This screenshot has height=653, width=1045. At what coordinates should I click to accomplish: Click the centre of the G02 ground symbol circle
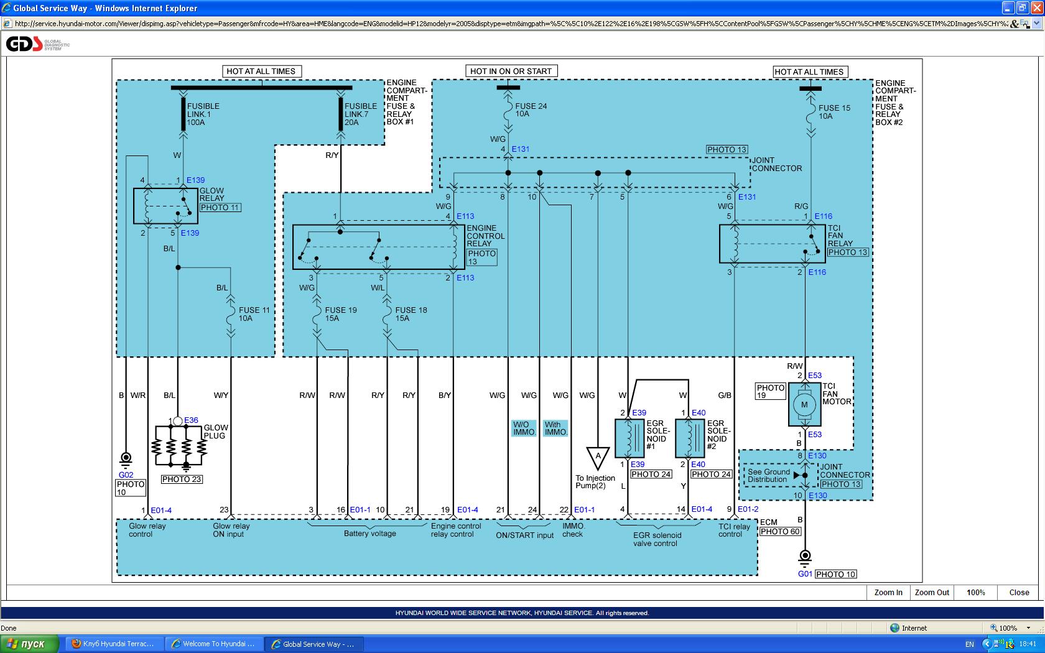click(126, 457)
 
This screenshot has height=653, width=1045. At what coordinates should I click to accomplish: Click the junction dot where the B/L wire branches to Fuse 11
click(178, 267)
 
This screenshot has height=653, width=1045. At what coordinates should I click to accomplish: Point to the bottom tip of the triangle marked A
click(598, 470)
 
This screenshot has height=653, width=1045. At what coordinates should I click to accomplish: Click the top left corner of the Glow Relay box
click(134, 188)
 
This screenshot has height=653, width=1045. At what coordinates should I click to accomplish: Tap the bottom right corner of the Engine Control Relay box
click(465, 269)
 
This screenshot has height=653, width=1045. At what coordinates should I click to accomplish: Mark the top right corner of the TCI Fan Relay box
click(825, 225)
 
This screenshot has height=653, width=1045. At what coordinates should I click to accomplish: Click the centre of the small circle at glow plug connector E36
click(178, 420)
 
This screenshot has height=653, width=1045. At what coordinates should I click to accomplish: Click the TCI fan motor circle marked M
click(804, 404)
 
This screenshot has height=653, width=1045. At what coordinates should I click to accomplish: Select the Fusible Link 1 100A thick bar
click(183, 114)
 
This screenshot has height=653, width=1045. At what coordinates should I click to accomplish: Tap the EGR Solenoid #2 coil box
click(690, 438)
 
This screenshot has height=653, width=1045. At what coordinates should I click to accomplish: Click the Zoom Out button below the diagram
click(932, 592)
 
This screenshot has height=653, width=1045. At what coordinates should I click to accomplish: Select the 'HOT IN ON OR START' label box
click(511, 71)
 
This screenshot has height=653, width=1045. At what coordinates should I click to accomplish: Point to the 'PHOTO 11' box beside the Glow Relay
click(220, 208)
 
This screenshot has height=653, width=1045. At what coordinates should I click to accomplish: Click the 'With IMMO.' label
click(555, 428)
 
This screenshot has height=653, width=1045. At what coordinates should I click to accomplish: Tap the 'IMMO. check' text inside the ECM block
click(572, 530)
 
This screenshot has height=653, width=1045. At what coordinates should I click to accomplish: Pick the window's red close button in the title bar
click(1037, 8)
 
